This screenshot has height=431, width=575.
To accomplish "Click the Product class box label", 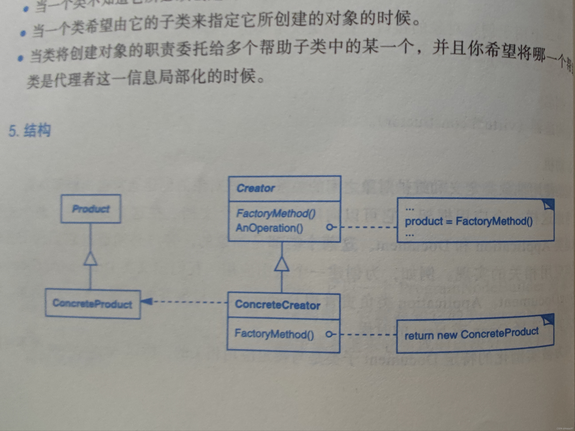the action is click(91, 209).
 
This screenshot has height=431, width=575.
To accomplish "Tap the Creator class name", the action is click(255, 188).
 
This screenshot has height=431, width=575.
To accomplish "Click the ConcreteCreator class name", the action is click(277, 305).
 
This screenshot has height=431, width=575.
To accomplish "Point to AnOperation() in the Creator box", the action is click(269, 228).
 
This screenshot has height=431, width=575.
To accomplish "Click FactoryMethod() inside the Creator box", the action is click(276, 213).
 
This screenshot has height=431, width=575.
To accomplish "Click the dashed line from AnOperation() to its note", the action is click(369, 227).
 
